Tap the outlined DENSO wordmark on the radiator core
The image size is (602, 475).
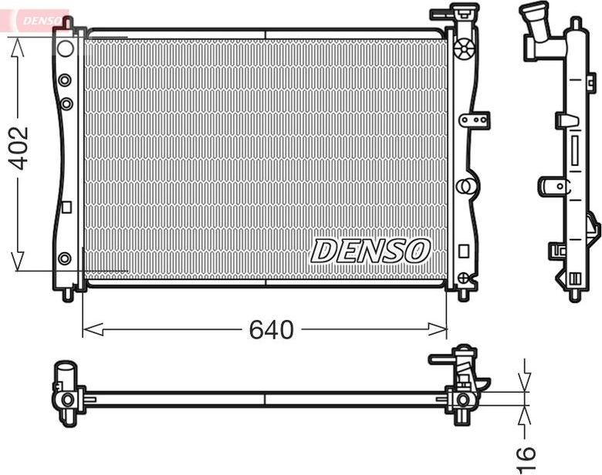(370, 251)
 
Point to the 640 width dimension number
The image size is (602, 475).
(271, 330)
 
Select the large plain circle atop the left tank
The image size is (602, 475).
(66, 49)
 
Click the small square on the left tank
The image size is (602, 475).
(66, 207)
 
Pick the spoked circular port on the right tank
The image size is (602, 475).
(463, 50)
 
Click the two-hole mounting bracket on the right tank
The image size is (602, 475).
(475, 120)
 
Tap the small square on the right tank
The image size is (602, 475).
(463, 251)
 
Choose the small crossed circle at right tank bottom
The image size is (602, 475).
(462, 277)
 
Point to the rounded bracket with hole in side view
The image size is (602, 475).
(553, 186)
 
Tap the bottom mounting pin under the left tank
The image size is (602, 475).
(68, 295)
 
